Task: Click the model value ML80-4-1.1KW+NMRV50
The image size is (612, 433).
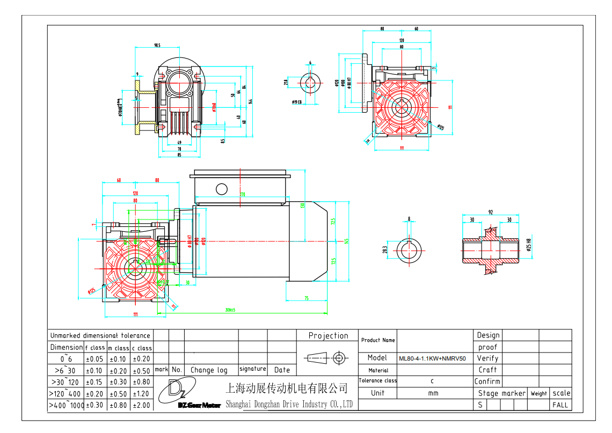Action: point(432,358)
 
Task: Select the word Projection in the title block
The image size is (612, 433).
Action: point(328,336)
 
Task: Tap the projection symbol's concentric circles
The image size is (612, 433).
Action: point(339,357)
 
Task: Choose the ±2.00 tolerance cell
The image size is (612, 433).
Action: point(142,405)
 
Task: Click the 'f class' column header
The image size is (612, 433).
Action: point(95,348)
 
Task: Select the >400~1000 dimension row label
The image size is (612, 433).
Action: point(66,405)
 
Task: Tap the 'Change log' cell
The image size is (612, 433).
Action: point(209,370)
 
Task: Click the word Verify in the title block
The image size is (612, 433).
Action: point(487,358)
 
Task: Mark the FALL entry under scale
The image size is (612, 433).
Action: point(560,405)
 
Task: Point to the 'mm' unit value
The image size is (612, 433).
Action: point(433,393)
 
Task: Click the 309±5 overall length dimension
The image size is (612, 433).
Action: point(231,310)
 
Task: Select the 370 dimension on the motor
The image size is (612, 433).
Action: point(242,195)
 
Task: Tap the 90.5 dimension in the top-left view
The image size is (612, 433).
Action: point(157,46)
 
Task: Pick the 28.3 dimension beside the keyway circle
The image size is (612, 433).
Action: point(385,249)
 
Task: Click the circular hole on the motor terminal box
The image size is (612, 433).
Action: point(221,188)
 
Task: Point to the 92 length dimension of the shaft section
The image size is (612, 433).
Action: point(491,212)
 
